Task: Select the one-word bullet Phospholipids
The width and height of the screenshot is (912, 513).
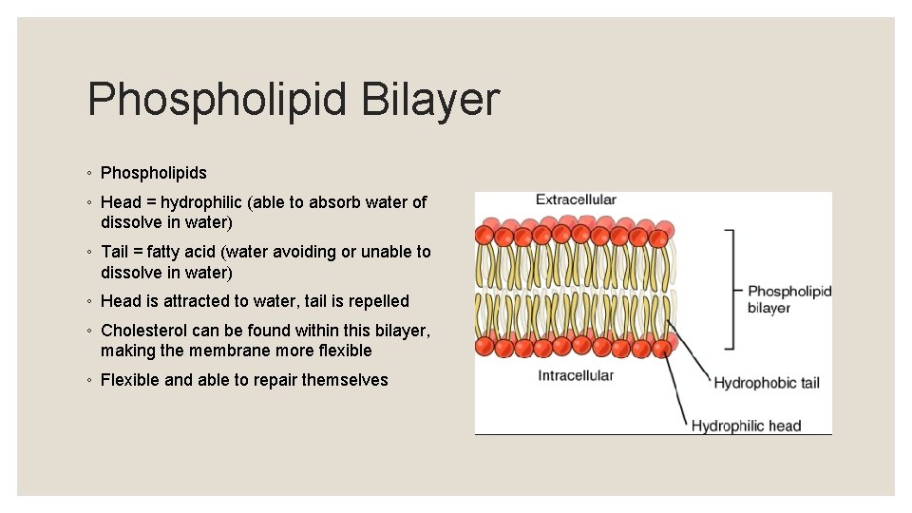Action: pyautogui.click(x=153, y=173)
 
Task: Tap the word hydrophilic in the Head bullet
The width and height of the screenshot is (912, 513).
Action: pyautogui.click(x=205, y=202)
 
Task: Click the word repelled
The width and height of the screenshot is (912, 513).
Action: pyautogui.click(x=378, y=301)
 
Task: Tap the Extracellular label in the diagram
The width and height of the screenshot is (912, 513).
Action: pyautogui.click(x=576, y=199)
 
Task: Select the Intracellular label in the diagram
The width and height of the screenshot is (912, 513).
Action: pyautogui.click(x=576, y=375)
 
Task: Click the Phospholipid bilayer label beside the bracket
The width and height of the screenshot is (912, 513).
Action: pyautogui.click(x=788, y=299)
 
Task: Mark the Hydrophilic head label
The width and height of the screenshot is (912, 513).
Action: pyautogui.click(x=746, y=426)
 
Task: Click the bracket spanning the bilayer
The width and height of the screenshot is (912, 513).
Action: pyautogui.click(x=731, y=289)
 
